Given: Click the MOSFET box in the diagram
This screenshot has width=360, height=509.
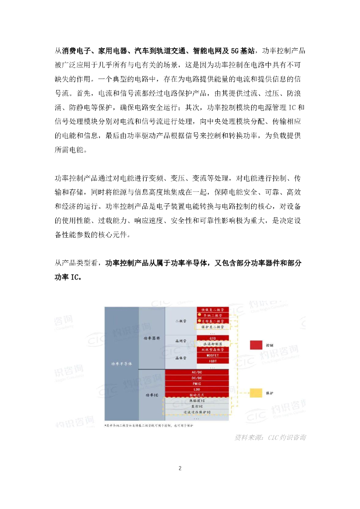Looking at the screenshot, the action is pos(213,355).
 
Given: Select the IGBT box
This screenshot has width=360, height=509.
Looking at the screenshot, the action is pos(213,361).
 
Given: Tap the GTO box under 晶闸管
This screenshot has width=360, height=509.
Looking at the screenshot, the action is pos(213,338).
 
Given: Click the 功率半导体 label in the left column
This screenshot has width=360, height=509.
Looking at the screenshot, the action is pos(121,363).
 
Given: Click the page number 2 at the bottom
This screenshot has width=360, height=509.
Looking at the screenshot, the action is pos(180,468).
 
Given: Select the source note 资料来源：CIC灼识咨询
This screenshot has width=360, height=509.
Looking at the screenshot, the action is pos(270,438).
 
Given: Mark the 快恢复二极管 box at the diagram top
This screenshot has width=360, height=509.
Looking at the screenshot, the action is pos(213,309).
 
